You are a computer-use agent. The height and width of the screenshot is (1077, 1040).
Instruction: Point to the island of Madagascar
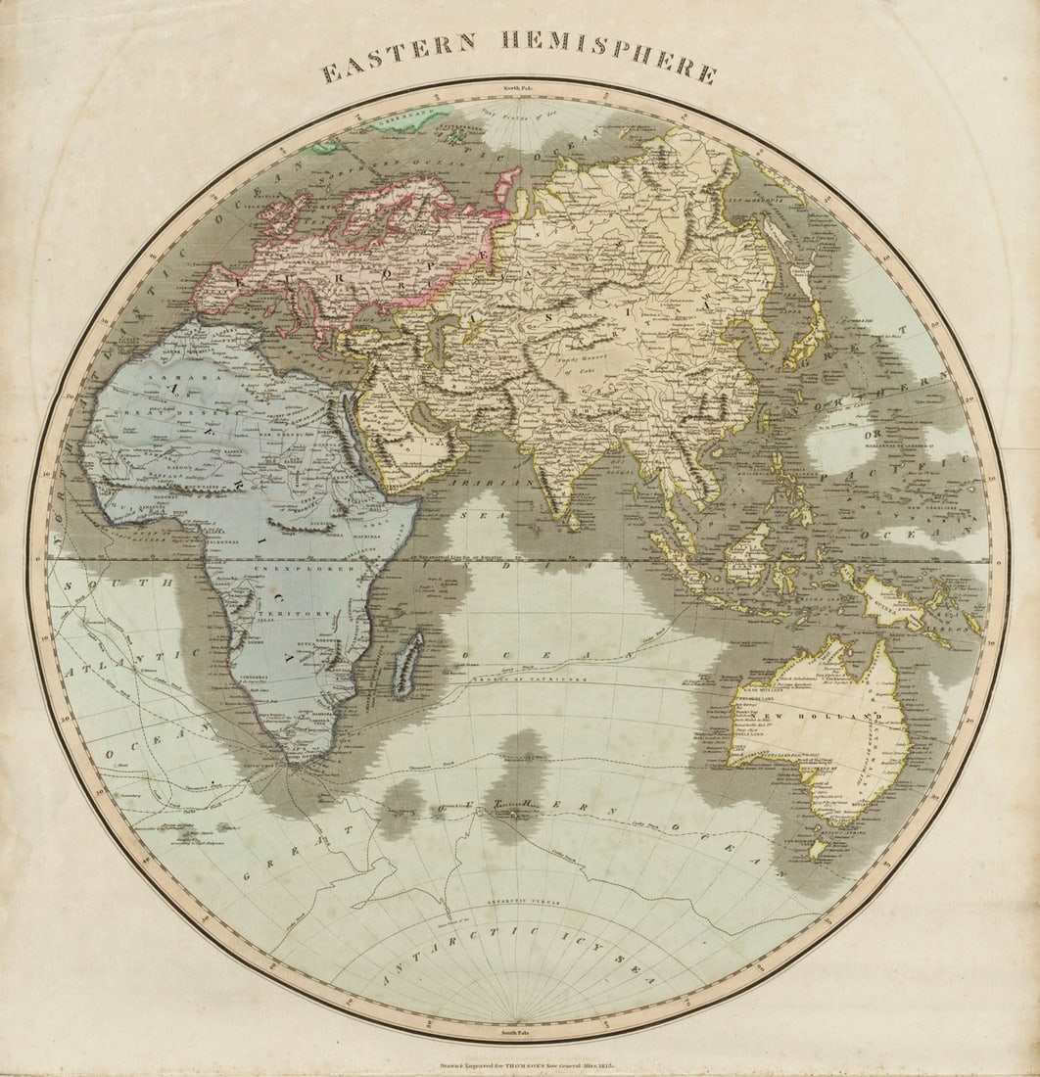[x=407, y=664]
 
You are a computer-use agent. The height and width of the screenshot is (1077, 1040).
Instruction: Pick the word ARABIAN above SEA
[x=491, y=483]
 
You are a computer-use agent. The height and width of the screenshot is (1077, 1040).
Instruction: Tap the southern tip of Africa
[x=293, y=760]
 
